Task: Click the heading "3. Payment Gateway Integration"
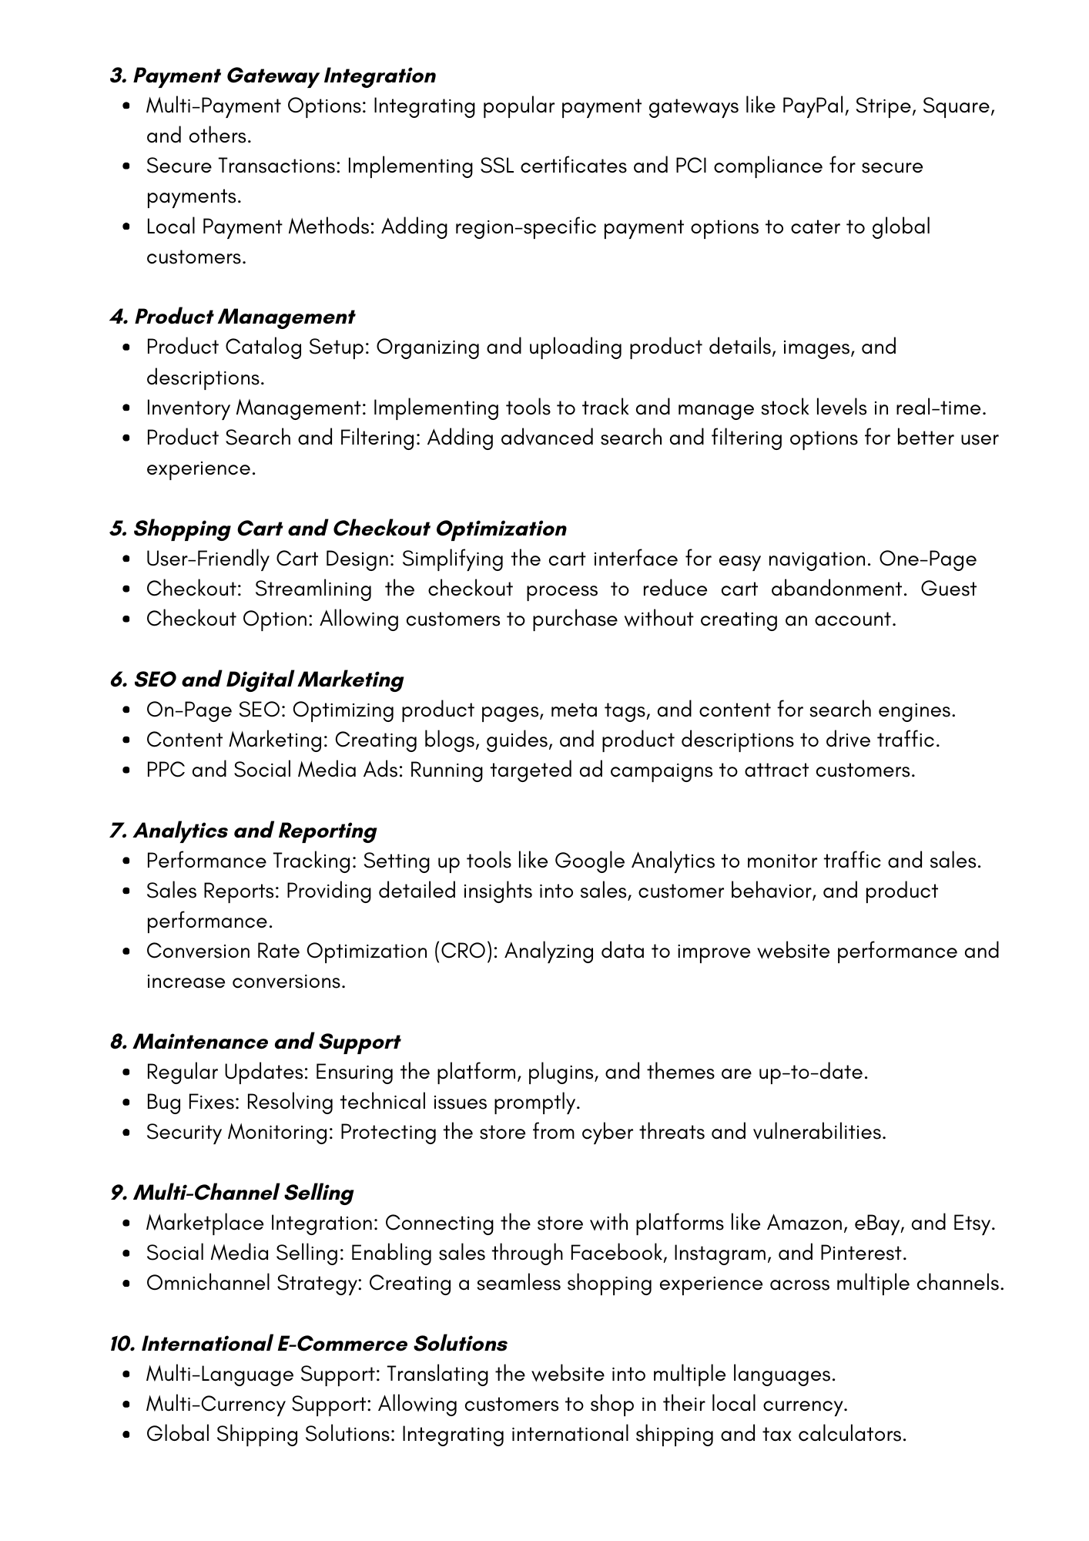[x=273, y=76]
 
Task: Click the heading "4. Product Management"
[x=232, y=317]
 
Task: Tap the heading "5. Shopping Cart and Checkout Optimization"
[x=338, y=529]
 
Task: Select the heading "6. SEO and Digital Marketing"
[x=256, y=680]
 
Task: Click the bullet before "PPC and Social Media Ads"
[x=127, y=770]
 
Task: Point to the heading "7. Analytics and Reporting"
[x=243, y=831]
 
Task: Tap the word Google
[x=589, y=861]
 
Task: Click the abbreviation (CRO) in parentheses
[x=464, y=952]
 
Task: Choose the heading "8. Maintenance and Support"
[x=255, y=1042]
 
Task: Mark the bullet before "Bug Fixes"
[x=127, y=1103]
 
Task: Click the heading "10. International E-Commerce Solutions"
[x=308, y=1344]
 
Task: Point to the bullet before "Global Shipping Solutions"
[x=127, y=1435]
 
